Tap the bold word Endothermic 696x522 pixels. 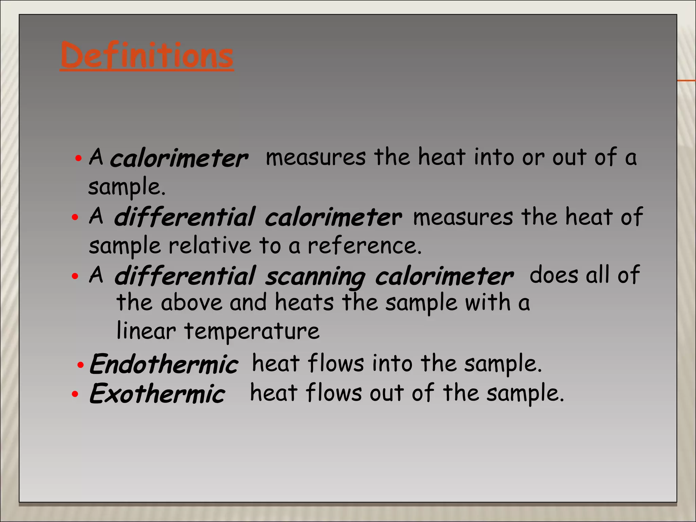164,364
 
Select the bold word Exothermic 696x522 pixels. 157,394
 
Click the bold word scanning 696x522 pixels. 315,277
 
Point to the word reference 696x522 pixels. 364,246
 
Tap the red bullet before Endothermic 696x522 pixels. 81,365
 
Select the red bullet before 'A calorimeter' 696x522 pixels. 79,158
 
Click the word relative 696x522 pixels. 210,246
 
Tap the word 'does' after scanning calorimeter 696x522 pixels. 554,275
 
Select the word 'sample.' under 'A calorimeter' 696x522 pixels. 127,187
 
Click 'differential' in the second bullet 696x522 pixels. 185,217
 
